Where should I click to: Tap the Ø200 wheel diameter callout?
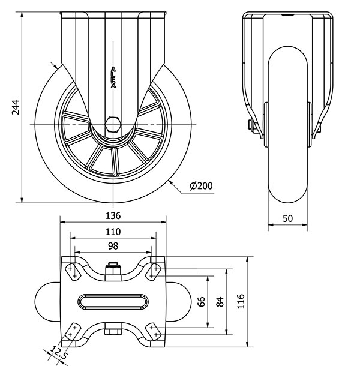point(200,186)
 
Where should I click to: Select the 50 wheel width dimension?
point(287,218)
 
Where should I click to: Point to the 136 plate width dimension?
point(113,215)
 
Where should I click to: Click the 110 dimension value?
point(113,231)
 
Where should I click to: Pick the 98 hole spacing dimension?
point(113,245)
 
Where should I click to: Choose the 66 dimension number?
point(202,301)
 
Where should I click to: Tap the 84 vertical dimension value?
point(220,301)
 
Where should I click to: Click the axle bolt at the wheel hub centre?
point(113,124)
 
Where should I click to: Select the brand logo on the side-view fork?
point(113,77)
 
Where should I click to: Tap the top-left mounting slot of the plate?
point(72,271)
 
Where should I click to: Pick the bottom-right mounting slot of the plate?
point(154,331)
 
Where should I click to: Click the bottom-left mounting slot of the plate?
point(73,331)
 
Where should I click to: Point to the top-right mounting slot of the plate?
point(154,271)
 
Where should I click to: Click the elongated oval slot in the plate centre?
point(113,301)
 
